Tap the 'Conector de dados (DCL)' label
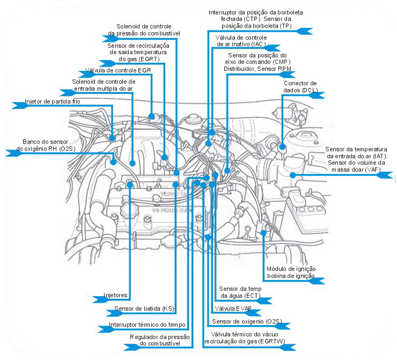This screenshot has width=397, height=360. point(300,86)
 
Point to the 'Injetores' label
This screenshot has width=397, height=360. point(115,295)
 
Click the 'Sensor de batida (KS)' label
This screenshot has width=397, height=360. point(144,309)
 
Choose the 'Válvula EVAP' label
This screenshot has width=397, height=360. point(233,309)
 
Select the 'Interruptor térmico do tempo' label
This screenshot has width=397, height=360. point(147,325)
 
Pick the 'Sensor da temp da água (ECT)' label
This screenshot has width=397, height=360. point(240,292)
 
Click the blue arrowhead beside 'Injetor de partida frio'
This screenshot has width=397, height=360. point(18,106)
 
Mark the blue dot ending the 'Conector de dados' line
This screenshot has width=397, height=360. point(283,145)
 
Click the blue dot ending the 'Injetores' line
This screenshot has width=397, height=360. point(130,185)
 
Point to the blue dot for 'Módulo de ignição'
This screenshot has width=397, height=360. point(264,232)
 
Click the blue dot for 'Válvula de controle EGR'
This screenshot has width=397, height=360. point(152,116)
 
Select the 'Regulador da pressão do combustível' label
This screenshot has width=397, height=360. point(160,340)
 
